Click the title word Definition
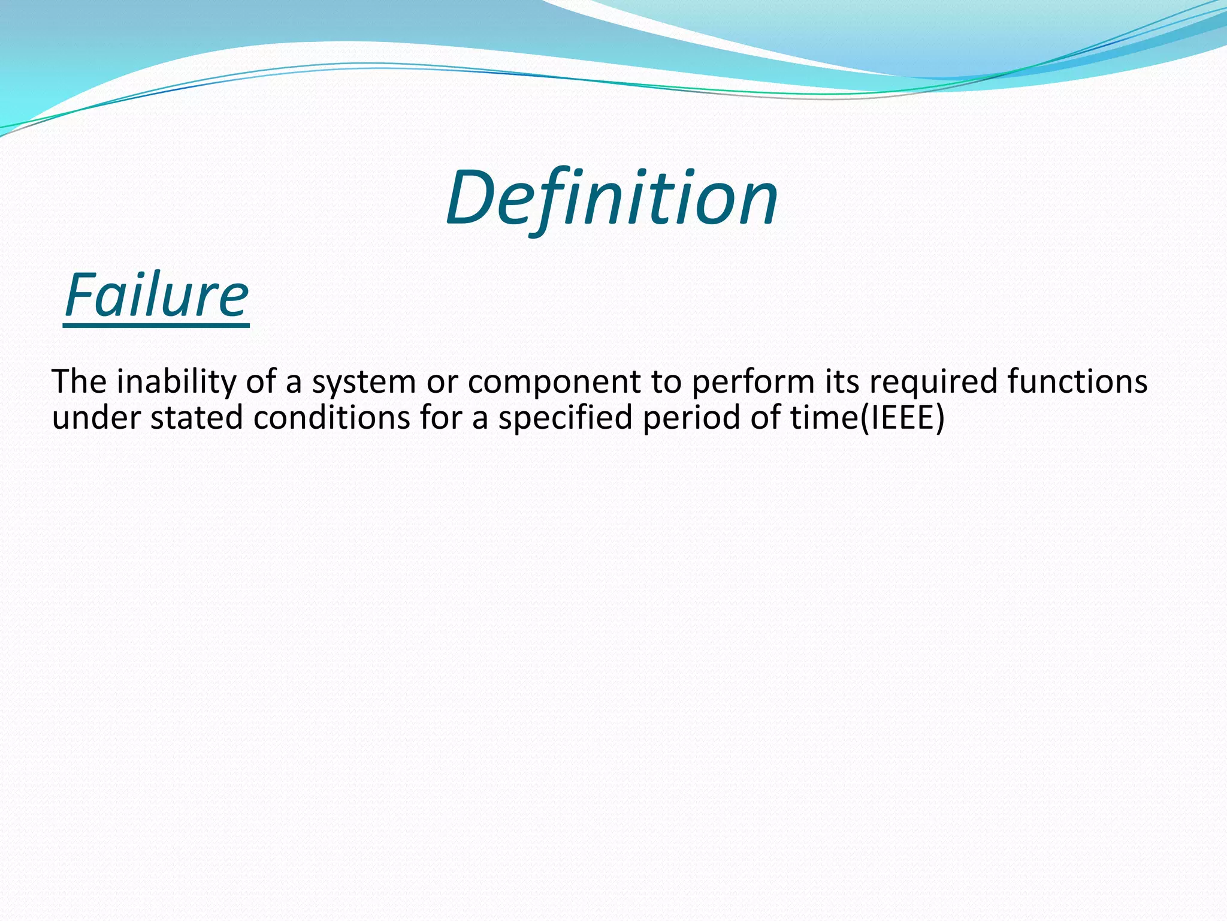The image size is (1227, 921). click(x=611, y=198)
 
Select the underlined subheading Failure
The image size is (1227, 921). click(x=156, y=296)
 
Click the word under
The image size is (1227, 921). click(x=96, y=417)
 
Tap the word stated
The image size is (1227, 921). click(x=196, y=417)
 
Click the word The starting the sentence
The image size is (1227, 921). click(x=79, y=381)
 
